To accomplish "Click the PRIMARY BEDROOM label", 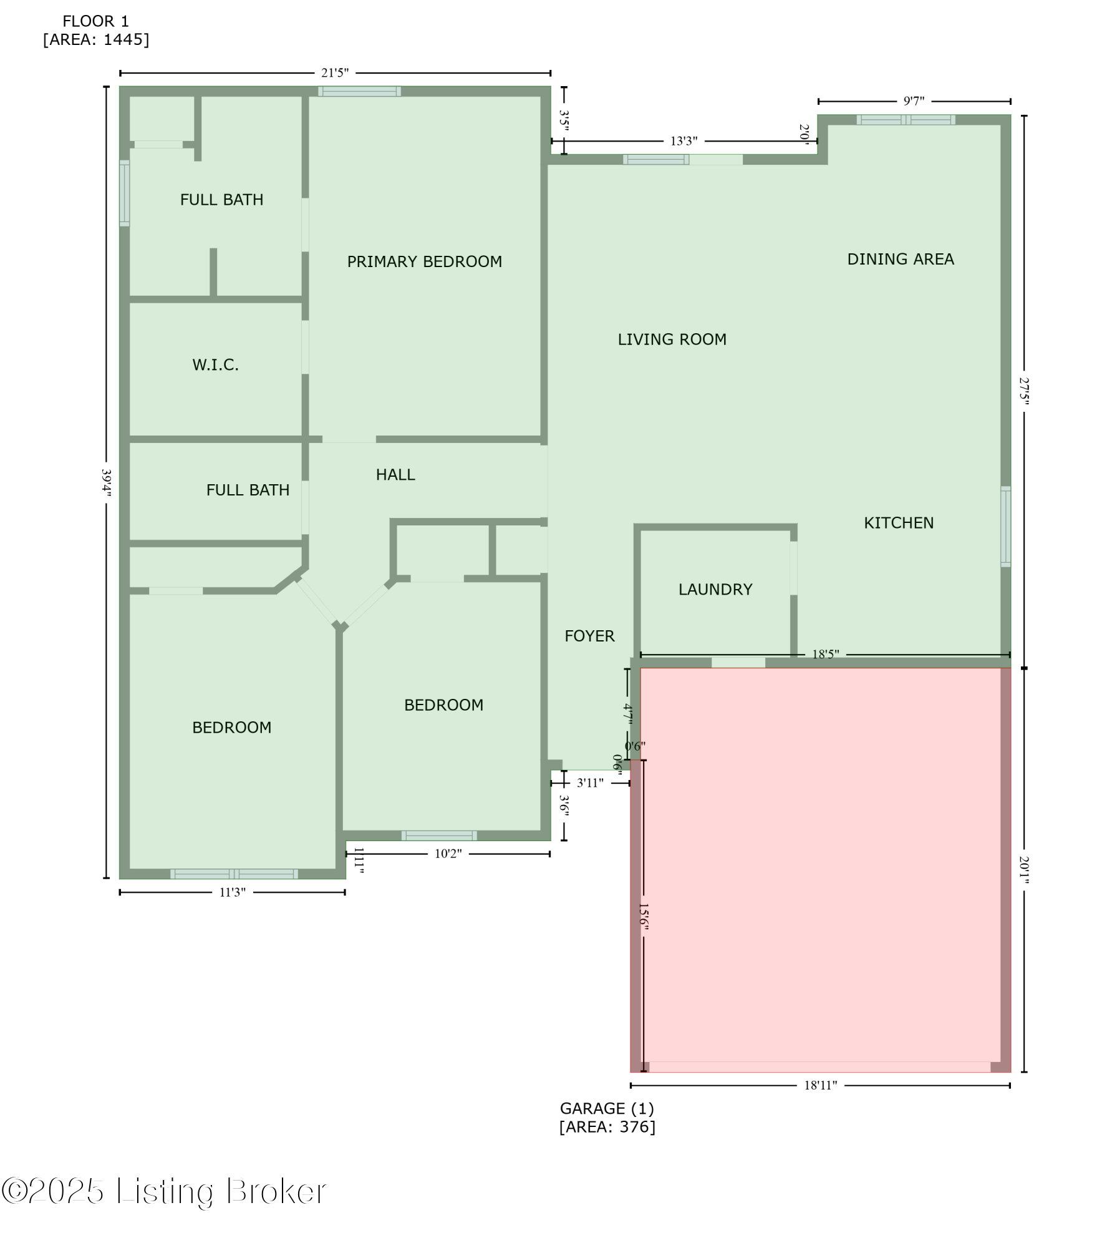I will point(424,261).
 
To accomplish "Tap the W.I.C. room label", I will point(215,365).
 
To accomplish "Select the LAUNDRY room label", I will point(715,590).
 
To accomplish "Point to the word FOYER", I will point(589,636).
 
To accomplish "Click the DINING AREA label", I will point(900,259).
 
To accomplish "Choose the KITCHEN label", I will point(898,523).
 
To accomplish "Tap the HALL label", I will point(395,475).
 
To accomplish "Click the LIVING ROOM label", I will point(672,339).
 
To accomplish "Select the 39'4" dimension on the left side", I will point(107,482).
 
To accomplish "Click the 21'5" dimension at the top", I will point(334,73).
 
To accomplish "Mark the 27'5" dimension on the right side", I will point(1023,390).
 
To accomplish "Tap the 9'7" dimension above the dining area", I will point(914,101).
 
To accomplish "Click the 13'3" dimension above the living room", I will point(684,141).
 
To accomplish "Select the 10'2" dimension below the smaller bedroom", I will point(448,854).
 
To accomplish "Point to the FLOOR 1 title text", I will point(95,21).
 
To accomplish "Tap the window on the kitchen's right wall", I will point(1005,526).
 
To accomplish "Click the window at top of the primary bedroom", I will point(359,91).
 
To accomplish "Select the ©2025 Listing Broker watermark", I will point(163,1191).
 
